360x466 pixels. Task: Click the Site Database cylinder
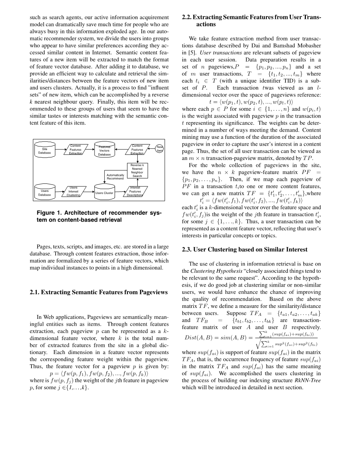[45, 151]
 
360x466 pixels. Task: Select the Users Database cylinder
[45, 193]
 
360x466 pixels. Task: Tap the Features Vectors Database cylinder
[104, 151]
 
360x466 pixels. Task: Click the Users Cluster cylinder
[104, 193]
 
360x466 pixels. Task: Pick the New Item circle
[160, 149]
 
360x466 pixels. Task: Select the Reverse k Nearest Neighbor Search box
[137, 171]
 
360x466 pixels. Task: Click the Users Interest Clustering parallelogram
[73, 191]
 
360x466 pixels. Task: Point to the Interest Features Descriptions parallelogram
[135, 191]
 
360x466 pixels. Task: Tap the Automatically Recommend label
[115, 177]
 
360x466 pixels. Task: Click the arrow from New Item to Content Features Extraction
[152, 149]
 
